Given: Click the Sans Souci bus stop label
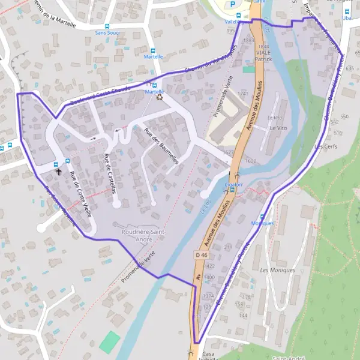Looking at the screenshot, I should point(106,34).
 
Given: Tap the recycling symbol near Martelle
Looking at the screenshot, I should point(159,97).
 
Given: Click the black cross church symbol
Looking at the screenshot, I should point(59,171).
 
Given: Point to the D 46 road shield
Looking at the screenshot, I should point(201,255).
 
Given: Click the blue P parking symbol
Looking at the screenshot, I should point(233,4).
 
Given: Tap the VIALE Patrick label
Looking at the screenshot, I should point(263,56).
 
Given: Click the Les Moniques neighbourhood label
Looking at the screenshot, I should point(278,270).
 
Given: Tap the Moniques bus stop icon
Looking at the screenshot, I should point(262,216).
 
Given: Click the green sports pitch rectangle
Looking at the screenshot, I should point(110,341).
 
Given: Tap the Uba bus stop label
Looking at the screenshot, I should point(346,19).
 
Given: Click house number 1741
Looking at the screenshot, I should point(242,94).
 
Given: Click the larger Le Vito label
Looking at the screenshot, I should point(278,128).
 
